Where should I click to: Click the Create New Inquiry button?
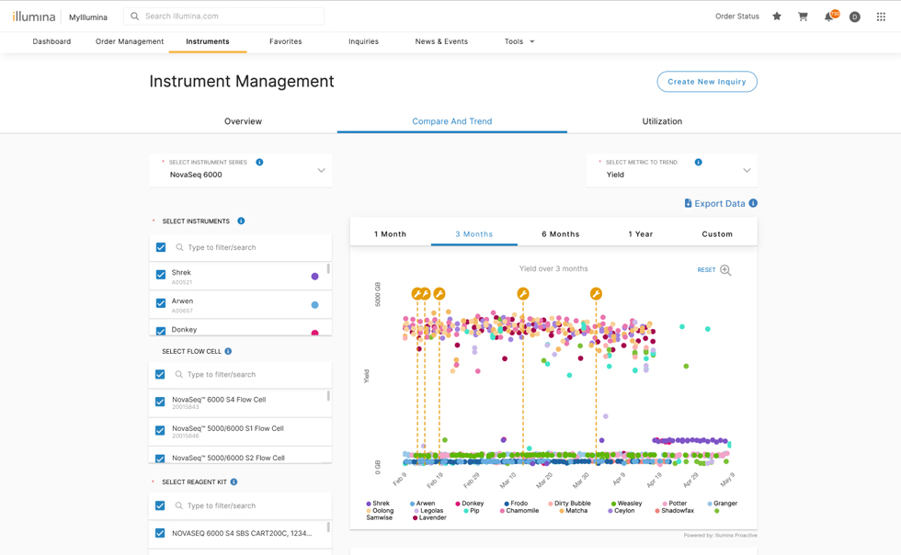coord(706,82)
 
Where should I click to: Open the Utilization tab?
coord(662,121)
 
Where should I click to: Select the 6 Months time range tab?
coord(560,234)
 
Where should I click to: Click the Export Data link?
coord(719,204)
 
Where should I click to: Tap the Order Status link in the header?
coord(736,17)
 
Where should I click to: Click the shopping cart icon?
coord(803,17)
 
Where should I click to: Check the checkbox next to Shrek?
coord(161,275)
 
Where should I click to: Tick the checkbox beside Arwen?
coord(161,303)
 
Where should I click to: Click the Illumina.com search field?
coord(230,17)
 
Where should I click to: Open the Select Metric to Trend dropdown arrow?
coord(747,171)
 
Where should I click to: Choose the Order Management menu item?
coord(130,41)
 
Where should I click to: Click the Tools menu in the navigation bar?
coord(519,41)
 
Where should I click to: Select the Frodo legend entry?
coord(516,504)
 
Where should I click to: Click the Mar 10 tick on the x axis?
coord(508,480)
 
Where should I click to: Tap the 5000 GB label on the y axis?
coord(378,294)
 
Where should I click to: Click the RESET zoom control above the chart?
coord(706,270)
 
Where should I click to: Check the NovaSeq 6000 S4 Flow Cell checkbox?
coord(160,402)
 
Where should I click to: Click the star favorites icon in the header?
coord(777,17)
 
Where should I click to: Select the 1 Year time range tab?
coord(640,234)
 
